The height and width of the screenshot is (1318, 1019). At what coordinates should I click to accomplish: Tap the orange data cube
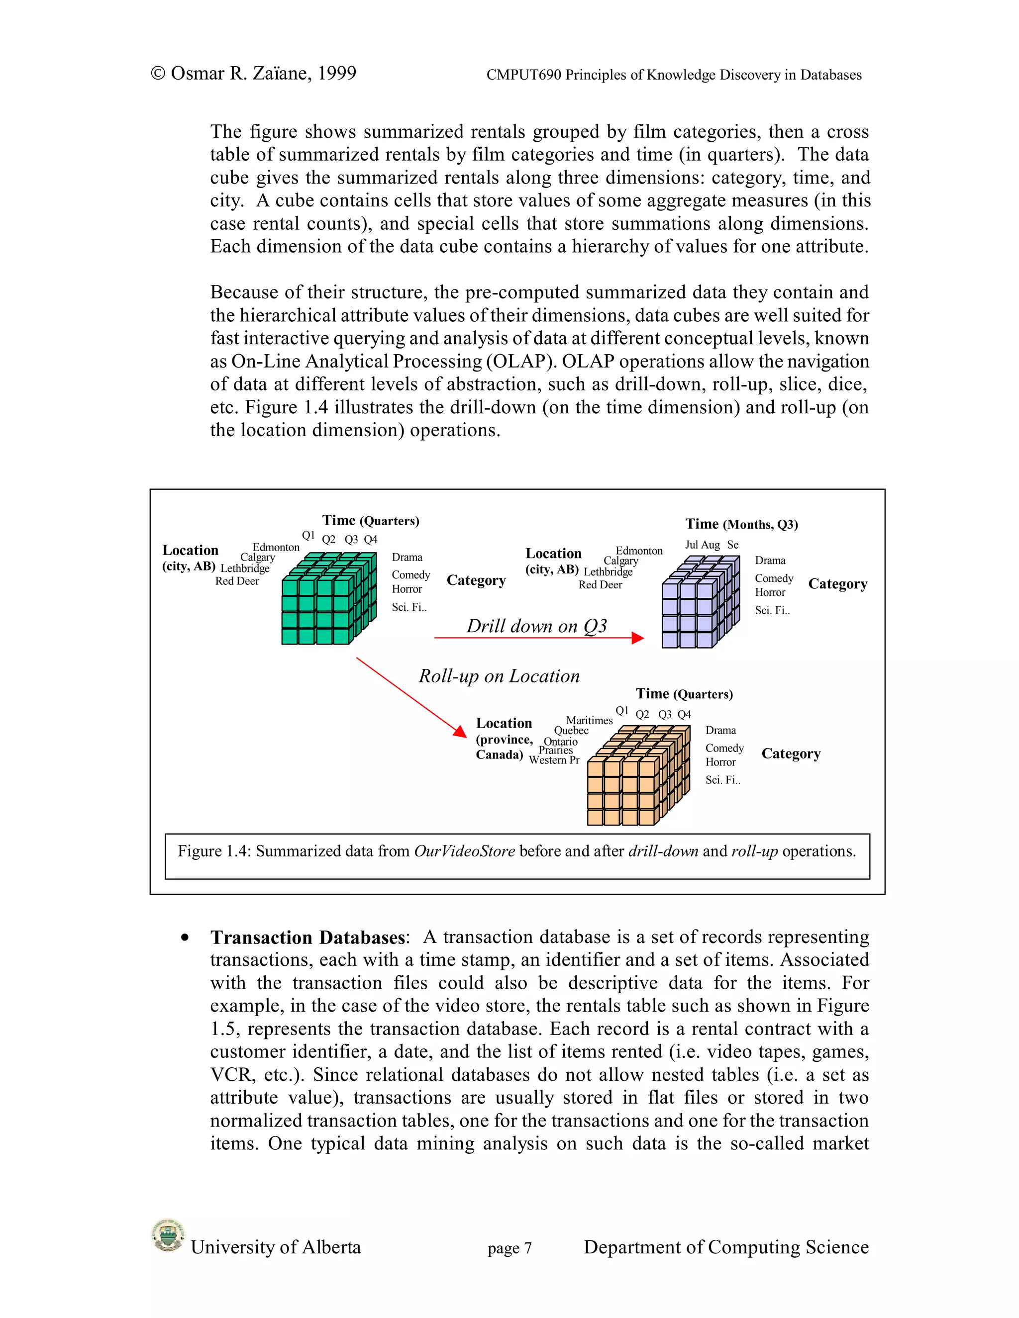pos(637,777)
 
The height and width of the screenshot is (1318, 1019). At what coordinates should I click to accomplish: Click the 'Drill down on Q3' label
pos(536,626)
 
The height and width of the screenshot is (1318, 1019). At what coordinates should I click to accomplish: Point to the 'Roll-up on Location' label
pos(499,676)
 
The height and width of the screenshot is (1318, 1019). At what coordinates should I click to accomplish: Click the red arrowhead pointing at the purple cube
pos(637,638)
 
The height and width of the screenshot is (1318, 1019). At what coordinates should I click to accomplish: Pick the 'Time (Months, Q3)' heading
pos(741,524)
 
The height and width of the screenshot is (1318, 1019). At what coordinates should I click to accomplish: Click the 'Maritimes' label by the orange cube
pos(589,720)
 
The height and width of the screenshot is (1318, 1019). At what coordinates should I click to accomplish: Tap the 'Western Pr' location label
pos(554,760)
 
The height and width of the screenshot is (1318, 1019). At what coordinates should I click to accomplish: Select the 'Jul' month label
pos(691,544)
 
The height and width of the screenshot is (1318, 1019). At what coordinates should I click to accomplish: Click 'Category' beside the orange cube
pos(791,753)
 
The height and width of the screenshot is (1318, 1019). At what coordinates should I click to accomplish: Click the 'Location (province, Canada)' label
pos(504,739)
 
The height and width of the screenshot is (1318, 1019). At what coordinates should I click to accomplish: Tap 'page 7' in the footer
pos(509,1248)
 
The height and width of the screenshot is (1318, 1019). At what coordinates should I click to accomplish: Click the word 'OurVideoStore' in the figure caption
pos(464,851)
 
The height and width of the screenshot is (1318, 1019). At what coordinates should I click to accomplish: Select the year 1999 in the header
pos(336,73)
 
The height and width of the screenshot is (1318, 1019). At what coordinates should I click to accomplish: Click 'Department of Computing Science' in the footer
pos(725,1247)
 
